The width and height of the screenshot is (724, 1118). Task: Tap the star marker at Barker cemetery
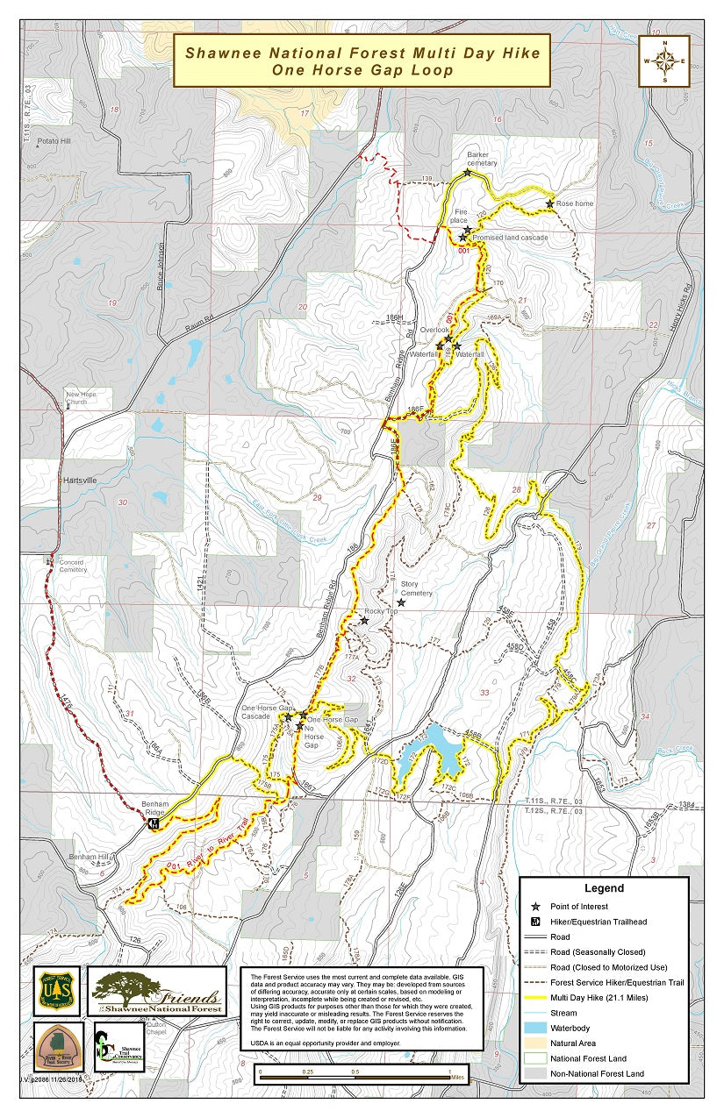pyautogui.click(x=468, y=173)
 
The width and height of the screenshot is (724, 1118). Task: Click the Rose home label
pyautogui.click(x=575, y=203)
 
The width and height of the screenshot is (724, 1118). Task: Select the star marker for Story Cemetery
pyautogui.click(x=401, y=602)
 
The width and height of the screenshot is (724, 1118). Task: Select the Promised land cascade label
pyautogui.click(x=510, y=238)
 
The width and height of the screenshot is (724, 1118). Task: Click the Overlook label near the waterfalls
pyautogui.click(x=433, y=330)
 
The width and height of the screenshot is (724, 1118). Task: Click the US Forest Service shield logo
pyautogui.click(x=56, y=991)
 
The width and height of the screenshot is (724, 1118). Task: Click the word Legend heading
pyautogui.click(x=603, y=888)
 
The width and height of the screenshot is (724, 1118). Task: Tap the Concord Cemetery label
pyautogui.click(x=73, y=566)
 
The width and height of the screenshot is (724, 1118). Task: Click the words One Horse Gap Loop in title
pyautogui.click(x=362, y=70)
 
